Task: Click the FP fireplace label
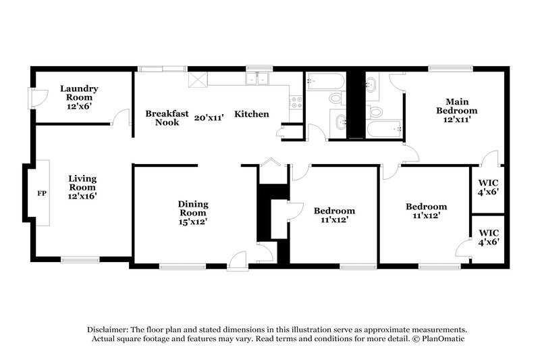(x=41, y=194)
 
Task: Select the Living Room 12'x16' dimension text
(x=82, y=196)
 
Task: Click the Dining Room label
(x=193, y=209)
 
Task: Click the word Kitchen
(x=252, y=114)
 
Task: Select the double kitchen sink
(x=257, y=80)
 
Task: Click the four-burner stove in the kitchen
(x=295, y=103)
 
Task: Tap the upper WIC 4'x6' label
(x=487, y=186)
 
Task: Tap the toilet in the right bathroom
(x=376, y=111)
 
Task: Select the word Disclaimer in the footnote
(x=107, y=328)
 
